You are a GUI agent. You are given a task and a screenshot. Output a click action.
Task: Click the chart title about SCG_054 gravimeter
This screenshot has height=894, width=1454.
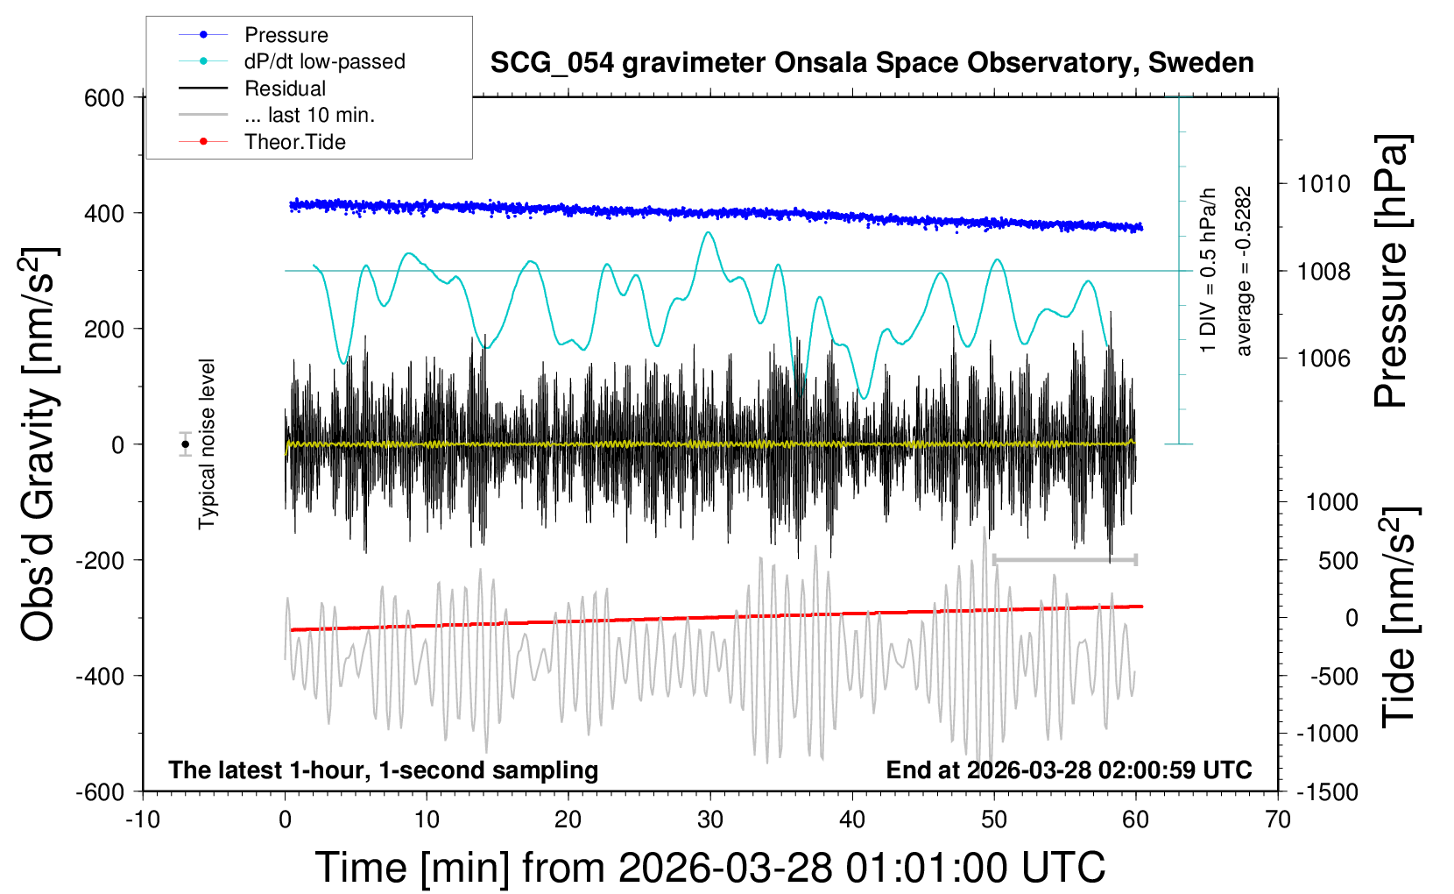872,63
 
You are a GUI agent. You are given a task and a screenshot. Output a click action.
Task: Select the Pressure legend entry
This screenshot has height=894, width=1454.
286,35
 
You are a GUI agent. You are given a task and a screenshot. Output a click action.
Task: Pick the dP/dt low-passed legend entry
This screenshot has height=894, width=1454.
324,61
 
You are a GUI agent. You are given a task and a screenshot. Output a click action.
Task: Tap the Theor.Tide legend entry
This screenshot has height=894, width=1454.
294,142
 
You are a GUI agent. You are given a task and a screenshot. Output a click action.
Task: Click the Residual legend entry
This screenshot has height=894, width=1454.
285,89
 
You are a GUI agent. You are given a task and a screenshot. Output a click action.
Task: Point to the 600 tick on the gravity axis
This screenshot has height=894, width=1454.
104,98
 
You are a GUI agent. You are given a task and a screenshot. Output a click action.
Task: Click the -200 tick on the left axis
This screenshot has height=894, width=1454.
100,560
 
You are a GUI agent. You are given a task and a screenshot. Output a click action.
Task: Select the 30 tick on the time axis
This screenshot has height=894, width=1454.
709,819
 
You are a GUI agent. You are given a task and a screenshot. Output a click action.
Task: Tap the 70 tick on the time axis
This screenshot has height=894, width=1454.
1278,819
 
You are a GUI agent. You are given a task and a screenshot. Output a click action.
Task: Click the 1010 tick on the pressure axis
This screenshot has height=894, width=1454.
1323,184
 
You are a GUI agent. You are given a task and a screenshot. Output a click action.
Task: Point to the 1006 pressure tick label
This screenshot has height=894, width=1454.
1323,358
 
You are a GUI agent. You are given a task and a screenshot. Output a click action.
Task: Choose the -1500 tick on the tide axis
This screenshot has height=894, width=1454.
1327,792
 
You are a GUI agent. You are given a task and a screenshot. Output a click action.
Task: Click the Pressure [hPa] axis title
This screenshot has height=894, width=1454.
1391,272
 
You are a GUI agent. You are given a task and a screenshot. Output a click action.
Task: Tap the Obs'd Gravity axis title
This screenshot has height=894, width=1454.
39,444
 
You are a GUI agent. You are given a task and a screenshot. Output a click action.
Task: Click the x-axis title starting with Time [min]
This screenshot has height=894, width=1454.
709,868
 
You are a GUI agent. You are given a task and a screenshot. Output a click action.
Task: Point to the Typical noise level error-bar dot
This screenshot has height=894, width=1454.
186,444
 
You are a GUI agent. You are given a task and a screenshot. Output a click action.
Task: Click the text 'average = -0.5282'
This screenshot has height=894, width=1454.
1244,272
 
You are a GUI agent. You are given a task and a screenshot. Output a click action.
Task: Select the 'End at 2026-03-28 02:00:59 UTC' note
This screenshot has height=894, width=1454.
1069,770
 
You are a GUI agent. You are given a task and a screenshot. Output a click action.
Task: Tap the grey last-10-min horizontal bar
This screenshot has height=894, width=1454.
1065,559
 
